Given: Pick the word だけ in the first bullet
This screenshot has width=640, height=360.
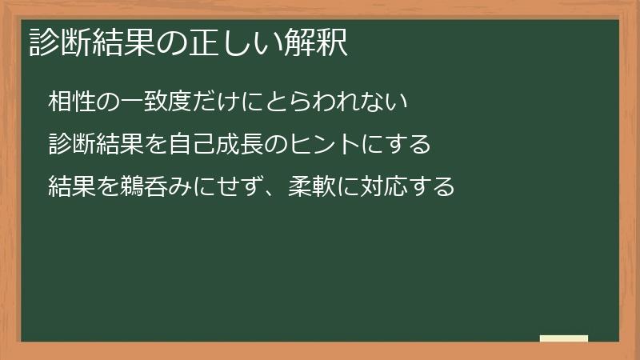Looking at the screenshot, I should pyautogui.click(x=226, y=102).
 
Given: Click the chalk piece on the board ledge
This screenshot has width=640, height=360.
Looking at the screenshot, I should pyautogui.click(x=564, y=338).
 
